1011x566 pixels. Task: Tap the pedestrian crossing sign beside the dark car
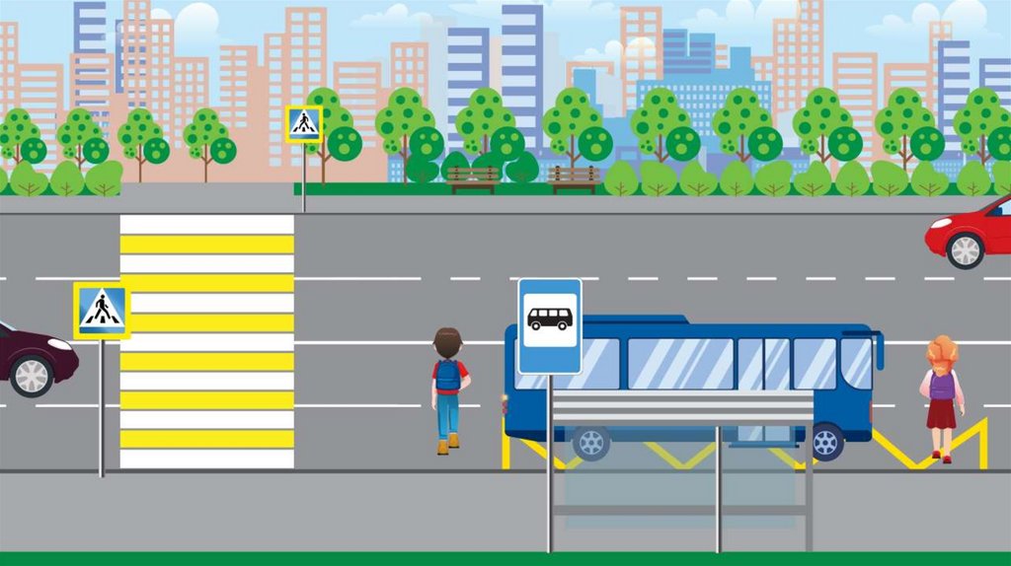pos(102,311)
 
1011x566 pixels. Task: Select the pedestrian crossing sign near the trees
pos(303,124)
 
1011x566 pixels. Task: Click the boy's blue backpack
pos(448,376)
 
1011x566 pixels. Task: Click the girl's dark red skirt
pos(941,413)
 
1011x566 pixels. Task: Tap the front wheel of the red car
pos(965,250)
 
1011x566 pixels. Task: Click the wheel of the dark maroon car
pos(31,376)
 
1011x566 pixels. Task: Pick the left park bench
pos(473,177)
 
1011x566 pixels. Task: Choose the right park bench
pos(574,177)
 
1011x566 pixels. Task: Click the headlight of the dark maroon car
pos(60,344)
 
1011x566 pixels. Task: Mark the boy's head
pos(447,342)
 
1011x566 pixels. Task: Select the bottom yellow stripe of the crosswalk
pos(206,439)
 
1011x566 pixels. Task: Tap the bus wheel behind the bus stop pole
pos(590,443)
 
